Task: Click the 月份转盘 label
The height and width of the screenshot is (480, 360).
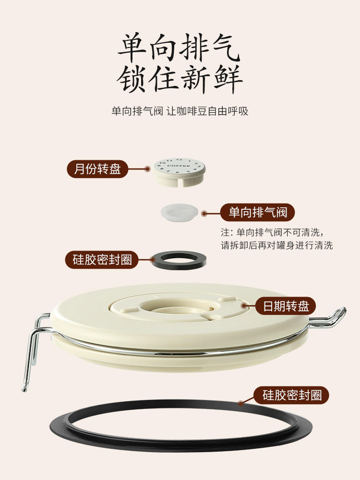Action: tap(97, 168)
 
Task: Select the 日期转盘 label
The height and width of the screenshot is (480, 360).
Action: tap(286, 306)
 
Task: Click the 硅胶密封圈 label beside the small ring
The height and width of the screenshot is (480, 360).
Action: tap(102, 260)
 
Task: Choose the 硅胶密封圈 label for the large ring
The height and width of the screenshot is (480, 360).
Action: tap(292, 395)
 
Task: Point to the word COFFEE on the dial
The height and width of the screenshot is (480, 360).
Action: tap(179, 166)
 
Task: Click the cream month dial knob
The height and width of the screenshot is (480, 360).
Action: tap(179, 172)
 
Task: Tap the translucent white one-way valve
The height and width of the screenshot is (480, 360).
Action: tap(179, 212)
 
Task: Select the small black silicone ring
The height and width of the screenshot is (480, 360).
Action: tap(179, 266)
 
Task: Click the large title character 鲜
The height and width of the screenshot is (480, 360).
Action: tap(228, 78)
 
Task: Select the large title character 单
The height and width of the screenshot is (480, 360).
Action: tap(132, 48)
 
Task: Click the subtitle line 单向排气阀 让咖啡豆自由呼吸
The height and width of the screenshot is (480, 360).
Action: tap(180, 111)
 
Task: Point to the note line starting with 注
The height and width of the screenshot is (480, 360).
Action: tap(272, 232)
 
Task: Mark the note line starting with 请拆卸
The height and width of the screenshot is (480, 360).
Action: tap(277, 245)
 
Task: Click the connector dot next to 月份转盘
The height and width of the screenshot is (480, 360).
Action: tap(147, 168)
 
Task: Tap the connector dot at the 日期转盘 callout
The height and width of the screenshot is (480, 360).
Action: tap(244, 305)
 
